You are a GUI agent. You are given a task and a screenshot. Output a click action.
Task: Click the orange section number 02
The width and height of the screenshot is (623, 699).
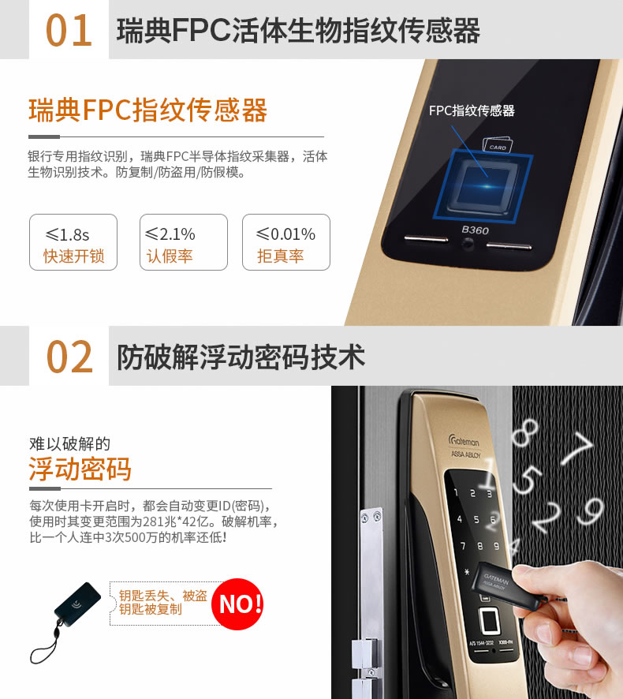point(69,357)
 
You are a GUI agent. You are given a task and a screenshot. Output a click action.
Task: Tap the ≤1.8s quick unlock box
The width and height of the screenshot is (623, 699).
point(73,243)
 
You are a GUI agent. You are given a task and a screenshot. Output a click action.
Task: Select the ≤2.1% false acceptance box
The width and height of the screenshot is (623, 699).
point(183,243)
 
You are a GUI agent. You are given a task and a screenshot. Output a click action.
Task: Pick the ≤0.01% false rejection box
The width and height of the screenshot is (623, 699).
point(285,243)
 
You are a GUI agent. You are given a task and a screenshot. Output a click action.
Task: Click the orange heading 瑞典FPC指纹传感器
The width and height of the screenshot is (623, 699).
point(147,110)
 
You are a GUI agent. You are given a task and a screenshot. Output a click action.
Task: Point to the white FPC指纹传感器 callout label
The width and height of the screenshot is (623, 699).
point(472,110)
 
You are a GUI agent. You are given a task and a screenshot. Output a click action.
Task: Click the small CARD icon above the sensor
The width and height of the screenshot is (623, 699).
point(498,146)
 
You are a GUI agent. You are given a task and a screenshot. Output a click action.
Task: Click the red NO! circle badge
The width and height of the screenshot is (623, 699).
point(240,604)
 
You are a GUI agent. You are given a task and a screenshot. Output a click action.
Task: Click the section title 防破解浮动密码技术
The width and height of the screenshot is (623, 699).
point(241,357)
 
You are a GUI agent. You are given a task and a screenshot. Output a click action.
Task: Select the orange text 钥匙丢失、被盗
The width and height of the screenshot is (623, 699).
point(162,596)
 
